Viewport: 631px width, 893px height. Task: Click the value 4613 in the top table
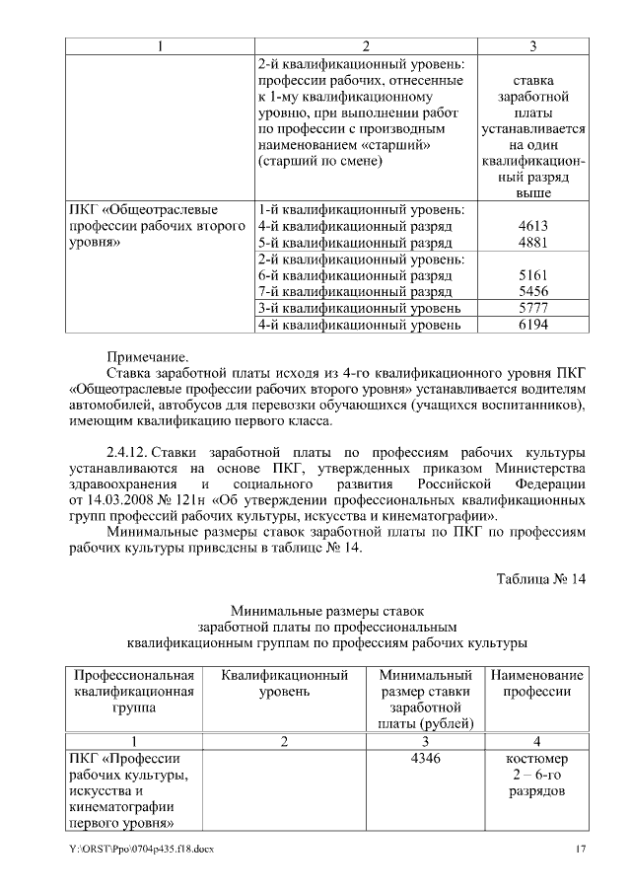click(531, 226)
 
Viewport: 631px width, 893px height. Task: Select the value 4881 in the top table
click(531, 242)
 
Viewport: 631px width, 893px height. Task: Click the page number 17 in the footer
click(581, 850)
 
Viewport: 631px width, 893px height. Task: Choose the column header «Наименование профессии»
click(536, 684)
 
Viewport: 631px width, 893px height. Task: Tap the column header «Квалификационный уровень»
click(284, 684)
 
